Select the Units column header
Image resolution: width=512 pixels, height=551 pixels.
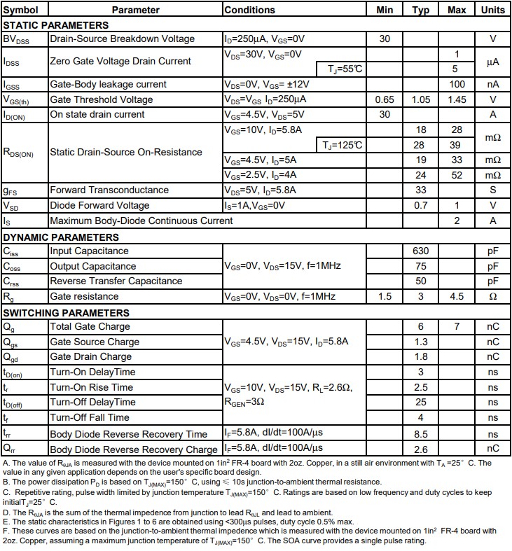[492, 10]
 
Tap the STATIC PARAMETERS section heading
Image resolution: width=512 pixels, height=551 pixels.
[56, 25]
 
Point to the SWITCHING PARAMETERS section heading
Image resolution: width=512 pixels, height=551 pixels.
[66, 312]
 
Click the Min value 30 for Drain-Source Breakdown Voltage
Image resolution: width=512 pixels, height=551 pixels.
[385, 39]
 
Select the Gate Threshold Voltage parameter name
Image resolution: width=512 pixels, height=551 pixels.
[101, 99]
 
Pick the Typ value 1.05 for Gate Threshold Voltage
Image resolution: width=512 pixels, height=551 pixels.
[421, 99]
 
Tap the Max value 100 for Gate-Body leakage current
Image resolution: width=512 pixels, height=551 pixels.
[457, 84]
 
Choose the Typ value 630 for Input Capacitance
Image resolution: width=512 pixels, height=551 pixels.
[421, 251]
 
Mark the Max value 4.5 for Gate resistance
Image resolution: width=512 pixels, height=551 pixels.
[457, 296]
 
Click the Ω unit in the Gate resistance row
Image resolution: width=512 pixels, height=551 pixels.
[492, 296]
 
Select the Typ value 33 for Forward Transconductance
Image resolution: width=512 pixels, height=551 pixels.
[421, 190]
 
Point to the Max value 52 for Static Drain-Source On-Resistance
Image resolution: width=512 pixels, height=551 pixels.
[457, 175]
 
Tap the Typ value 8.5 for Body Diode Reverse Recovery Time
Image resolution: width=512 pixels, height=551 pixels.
[421, 433]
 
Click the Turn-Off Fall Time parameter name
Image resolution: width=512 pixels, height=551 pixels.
[90, 417]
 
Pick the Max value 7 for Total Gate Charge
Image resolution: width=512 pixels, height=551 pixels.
[457, 327]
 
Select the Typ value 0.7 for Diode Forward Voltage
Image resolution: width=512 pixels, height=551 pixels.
[421, 205]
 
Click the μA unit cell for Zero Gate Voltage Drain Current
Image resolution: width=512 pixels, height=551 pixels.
[492, 62]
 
